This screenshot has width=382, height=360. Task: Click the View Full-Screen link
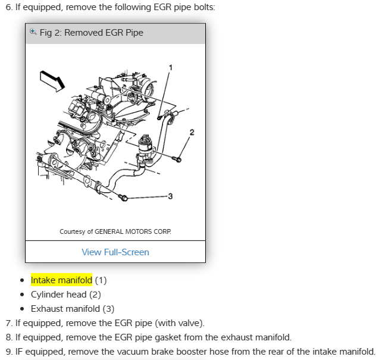click(x=115, y=252)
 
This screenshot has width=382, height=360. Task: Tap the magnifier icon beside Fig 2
click(x=33, y=32)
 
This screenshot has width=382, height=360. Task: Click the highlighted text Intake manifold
click(x=61, y=280)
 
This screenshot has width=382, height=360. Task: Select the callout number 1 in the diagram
click(x=171, y=67)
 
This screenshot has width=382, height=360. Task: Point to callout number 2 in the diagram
click(x=191, y=132)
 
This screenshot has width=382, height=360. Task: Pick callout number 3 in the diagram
click(x=170, y=196)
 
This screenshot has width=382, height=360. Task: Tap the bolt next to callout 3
click(x=122, y=197)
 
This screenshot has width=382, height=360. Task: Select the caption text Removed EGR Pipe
click(x=104, y=33)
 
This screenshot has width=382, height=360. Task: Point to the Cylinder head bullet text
click(x=65, y=294)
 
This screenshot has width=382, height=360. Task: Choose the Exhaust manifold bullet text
click(x=72, y=308)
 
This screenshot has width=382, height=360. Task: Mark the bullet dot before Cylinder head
click(x=22, y=295)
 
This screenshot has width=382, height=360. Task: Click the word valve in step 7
click(x=190, y=323)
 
